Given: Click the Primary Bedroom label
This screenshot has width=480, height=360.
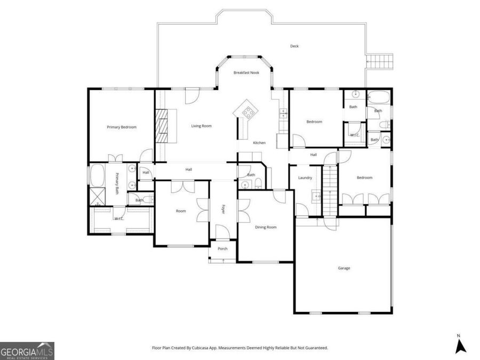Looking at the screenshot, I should point(122,127).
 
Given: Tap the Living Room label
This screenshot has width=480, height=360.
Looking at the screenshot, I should point(202,126).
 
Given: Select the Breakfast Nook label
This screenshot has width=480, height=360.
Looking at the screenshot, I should point(246,73).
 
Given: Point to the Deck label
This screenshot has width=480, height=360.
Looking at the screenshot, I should point(294,46).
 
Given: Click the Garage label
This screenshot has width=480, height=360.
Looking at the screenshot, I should point(344,268).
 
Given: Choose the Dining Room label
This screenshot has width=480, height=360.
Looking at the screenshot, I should point(266,227).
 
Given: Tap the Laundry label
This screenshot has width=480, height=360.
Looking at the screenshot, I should point(305,178).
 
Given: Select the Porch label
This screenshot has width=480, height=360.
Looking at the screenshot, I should point(222,249).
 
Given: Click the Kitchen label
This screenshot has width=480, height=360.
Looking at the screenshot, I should point(259,142).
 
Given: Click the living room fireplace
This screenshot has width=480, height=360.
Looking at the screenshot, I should point(165,125).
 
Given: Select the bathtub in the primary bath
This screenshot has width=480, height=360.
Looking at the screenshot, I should point(98,175).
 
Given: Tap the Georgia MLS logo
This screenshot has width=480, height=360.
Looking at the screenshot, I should point(27,351).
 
